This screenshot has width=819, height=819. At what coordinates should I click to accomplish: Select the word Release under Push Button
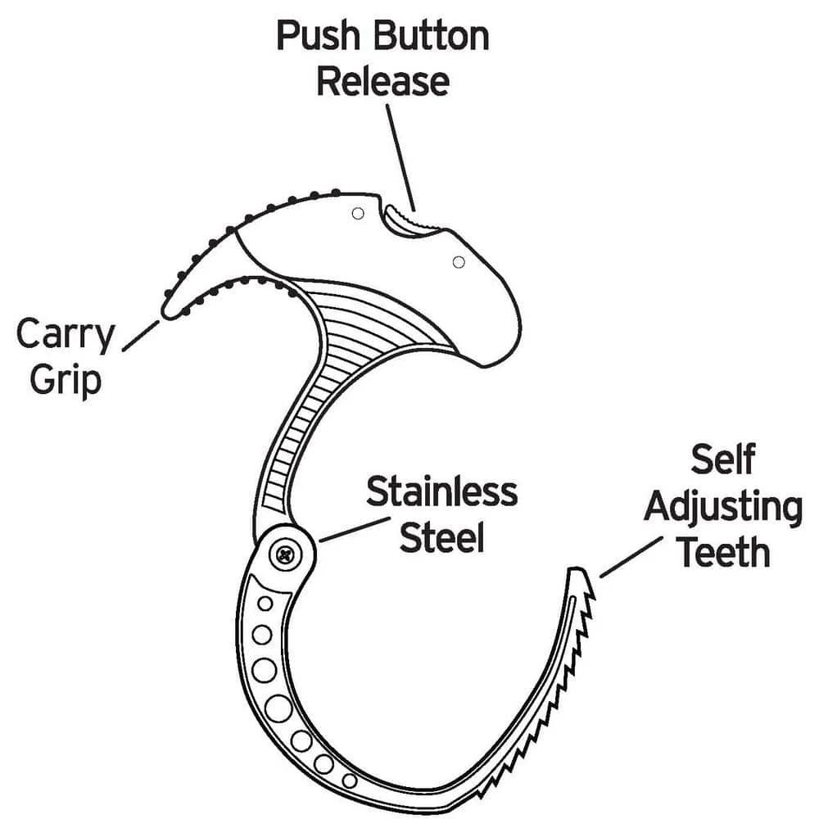(x=382, y=82)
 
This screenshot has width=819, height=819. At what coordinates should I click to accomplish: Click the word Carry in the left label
(x=66, y=336)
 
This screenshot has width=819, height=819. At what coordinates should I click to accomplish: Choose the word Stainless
(x=441, y=492)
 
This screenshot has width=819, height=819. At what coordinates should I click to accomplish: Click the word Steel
(x=441, y=538)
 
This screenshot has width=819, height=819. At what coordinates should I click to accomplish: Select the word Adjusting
(x=722, y=508)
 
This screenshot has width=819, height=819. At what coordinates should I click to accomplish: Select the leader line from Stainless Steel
(x=348, y=529)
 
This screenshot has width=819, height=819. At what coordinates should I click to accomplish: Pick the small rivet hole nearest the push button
(x=357, y=214)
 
